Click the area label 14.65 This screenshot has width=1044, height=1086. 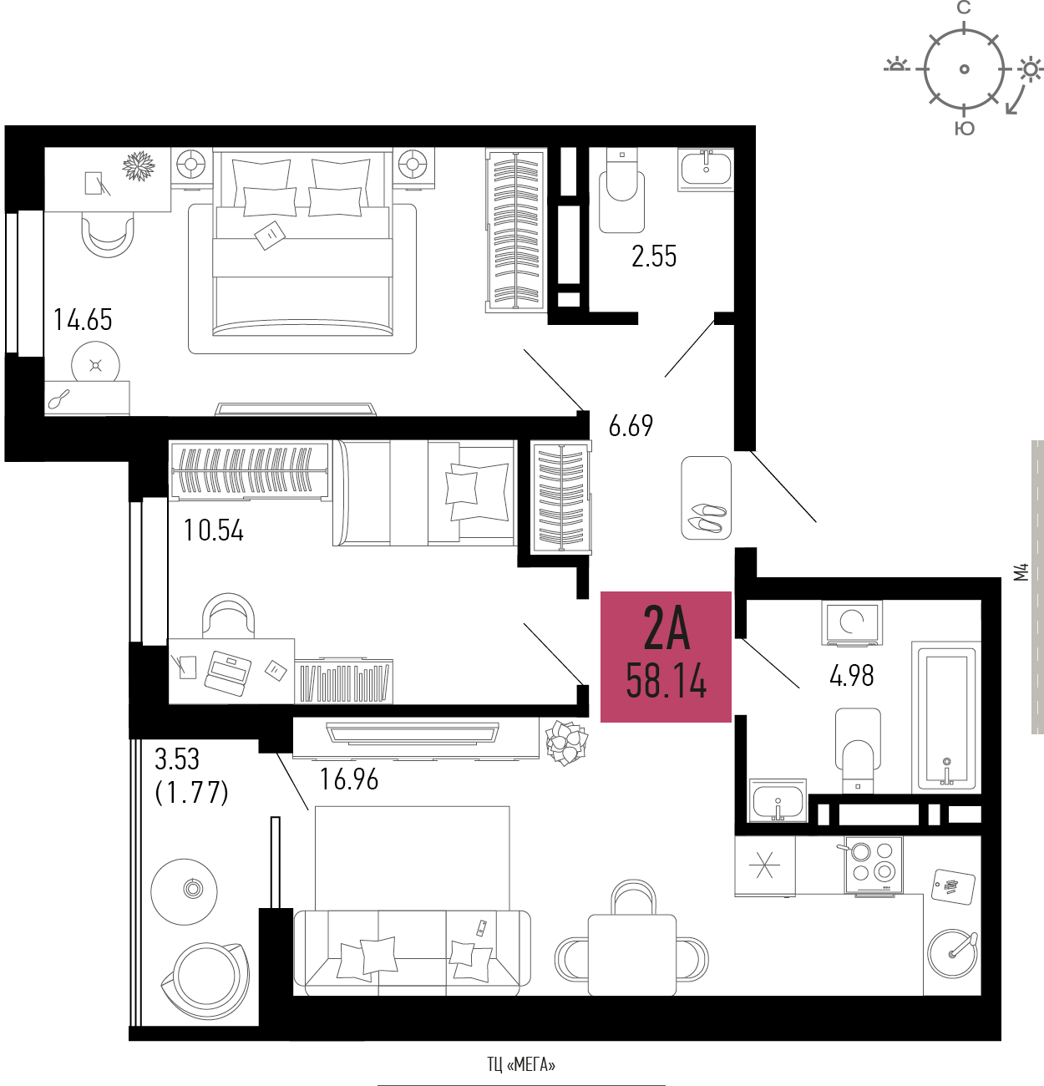pyautogui.click(x=83, y=320)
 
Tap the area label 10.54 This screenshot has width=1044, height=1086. pyautogui.click(x=214, y=530)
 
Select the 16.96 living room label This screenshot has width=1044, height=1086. pyautogui.click(x=349, y=779)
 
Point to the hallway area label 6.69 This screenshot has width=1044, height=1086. pyautogui.click(x=631, y=426)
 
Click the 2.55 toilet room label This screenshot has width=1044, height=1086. pyautogui.click(x=654, y=256)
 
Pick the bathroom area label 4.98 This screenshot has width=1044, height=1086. pyautogui.click(x=852, y=675)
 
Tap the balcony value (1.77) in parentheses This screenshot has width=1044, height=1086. pyautogui.click(x=191, y=793)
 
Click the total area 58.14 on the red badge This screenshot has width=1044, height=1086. pyautogui.click(x=666, y=680)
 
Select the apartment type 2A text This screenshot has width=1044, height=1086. pyautogui.click(x=666, y=627)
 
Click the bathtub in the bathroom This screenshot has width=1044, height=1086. pyautogui.click(x=946, y=717)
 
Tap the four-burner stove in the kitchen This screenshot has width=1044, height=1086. pyautogui.click(x=874, y=865)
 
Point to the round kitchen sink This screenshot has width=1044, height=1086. pyautogui.click(x=952, y=953)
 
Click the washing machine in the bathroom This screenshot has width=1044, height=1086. pyautogui.click(x=852, y=622)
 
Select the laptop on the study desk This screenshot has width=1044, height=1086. pyautogui.click(x=228, y=672)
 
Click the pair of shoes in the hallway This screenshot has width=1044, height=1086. pyautogui.click(x=707, y=517)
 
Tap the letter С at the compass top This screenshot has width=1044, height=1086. pyautogui.click(x=964, y=8)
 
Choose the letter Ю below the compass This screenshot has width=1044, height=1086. pyautogui.click(x=964, y=129)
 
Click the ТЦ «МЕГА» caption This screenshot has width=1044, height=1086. pyautogui.click(x=521, y=1065)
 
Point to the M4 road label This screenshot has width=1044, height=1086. pyautogui.click(x=1021, y=572)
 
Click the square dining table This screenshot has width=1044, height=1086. pyautogui.click(x=632, y=954)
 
